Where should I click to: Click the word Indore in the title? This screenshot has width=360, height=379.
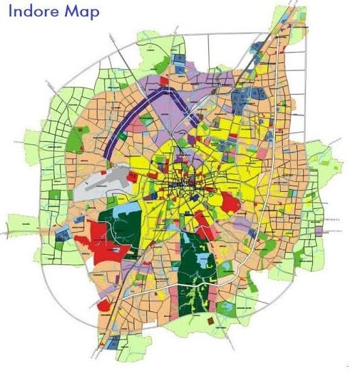click(x=33, y=12)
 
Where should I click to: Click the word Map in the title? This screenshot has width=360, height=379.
click(x=83, y=12)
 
